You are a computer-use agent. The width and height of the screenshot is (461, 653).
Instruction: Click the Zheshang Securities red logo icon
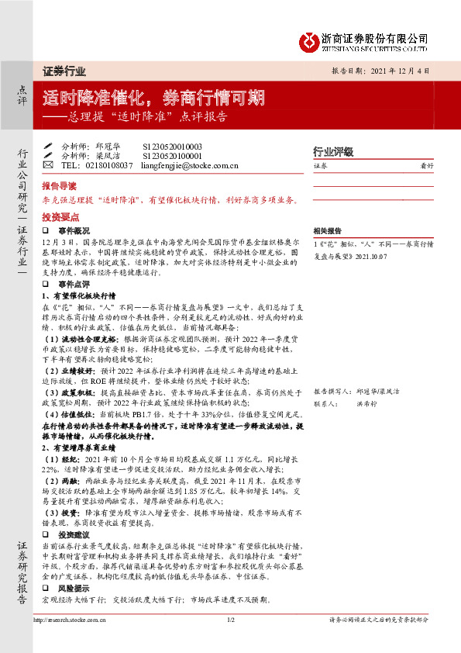click(309, 39)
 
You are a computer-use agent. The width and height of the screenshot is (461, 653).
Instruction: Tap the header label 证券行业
click(64, 71)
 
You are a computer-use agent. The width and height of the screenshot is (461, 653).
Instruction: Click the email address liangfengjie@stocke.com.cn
click(191, 165)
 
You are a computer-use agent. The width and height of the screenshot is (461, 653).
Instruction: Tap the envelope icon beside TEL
click(48, 165)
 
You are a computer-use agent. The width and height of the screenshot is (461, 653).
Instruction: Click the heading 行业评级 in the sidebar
click(332, 151)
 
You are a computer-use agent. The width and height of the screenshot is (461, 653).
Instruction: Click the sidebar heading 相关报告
click(327, 231)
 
